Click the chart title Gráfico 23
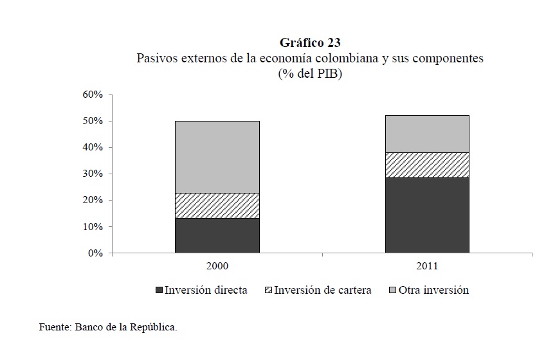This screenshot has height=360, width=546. click(310, 43)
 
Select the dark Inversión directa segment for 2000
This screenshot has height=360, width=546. click(217, 235)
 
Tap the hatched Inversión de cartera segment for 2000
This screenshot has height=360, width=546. click(217, 205)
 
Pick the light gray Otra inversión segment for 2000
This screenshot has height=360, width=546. click(217, 157)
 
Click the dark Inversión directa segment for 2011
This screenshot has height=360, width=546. click(427, 215)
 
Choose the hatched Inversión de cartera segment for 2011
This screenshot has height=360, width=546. click(427, 165)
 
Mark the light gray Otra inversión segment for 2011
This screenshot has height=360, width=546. click(427, 134)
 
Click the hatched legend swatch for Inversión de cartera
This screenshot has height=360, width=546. click(269, 291)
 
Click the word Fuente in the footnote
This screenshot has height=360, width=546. click(54, 327)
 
